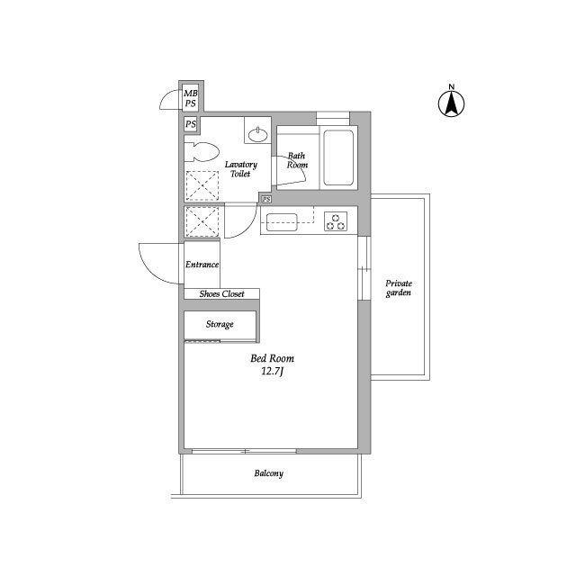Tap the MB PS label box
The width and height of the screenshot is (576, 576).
pyautogui.click(x=191, y=97)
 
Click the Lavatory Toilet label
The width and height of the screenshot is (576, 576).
pyautogui.click(x=240, y=169)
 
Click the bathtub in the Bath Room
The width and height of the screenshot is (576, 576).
pyautogui.click(x=338, y=157)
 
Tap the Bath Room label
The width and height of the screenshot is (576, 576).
pyautogui.click(x=297, y=161)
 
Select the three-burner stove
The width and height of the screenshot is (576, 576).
pyautogui.click(x=336, y=220)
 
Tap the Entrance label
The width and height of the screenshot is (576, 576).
pyautogui.click(x=202, y=265)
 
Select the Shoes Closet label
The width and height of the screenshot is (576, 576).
pyautogui.click(x=221, y=293)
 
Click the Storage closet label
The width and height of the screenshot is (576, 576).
pyautogui.click(x=220, y=324)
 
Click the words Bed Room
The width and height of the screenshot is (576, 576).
pyautogui.click(x=272, y=358)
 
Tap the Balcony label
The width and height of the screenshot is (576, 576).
pyautogui.click(x=268, y=473)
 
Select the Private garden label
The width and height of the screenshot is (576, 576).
pyautogui.click(x=399, y=287)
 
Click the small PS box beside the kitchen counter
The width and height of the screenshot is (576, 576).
pyautogui.click(x=265, y=199)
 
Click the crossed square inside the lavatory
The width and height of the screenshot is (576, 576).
pyautogui.click(x=202, y=185)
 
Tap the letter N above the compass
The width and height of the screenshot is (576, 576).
pyautogui.click(x=452, y=87)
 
